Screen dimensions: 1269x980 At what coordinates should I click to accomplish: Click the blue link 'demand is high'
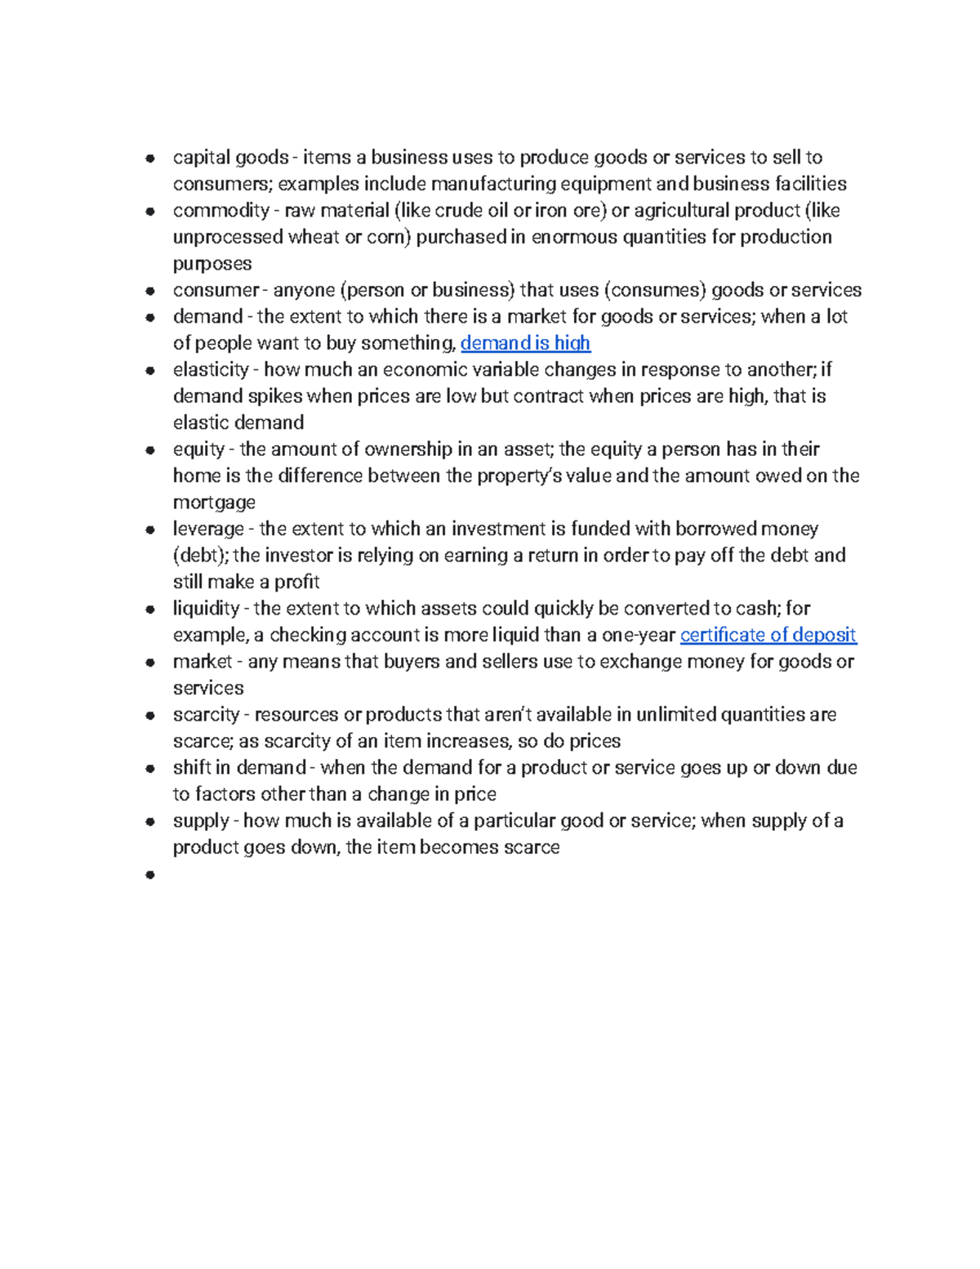point(525,343)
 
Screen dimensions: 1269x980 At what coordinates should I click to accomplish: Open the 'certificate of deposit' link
point(768,635)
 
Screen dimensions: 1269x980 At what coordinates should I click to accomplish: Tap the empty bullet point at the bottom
point(150,875)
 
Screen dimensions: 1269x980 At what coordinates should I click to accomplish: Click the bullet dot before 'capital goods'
point(150,159)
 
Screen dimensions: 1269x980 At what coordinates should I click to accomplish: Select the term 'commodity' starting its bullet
point(220,211)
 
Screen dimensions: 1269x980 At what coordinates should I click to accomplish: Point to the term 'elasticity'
point(211,370)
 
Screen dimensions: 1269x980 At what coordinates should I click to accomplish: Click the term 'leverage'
point(208,529)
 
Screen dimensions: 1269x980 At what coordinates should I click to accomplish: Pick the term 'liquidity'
point(206,609)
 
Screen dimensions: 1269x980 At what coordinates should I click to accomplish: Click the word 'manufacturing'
point(493,184)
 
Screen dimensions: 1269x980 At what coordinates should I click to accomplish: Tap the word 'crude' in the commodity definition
point(458,211)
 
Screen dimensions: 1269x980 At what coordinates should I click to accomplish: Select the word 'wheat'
point(313,237)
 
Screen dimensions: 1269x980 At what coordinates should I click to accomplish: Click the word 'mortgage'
point(214,503)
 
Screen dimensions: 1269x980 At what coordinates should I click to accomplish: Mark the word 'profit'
point(296,582)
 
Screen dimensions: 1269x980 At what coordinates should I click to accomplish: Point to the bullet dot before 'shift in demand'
point(150,769)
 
